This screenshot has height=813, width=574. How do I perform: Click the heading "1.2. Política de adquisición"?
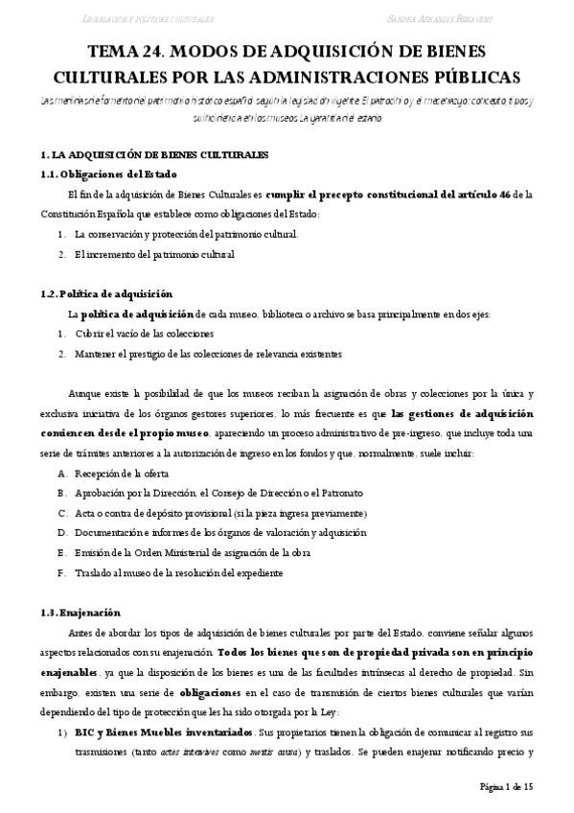click(106, 293)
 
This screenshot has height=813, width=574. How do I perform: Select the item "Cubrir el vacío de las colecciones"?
click(144, 334)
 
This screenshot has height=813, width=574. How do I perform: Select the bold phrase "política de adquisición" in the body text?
click(137, 314)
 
